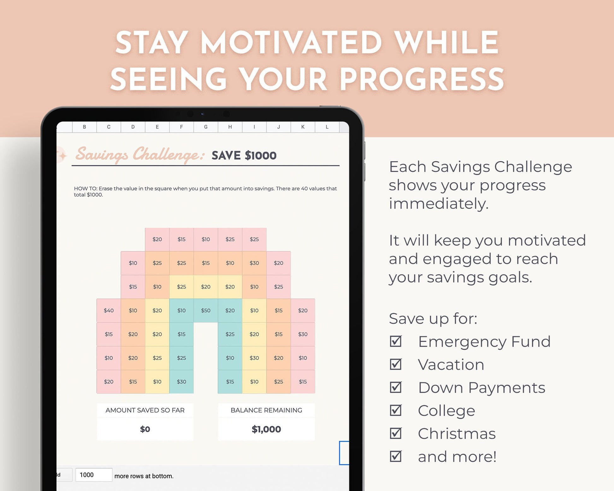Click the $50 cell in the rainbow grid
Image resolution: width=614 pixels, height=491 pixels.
(x=206, y=311)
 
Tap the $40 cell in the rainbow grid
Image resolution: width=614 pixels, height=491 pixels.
(x=109, y=311)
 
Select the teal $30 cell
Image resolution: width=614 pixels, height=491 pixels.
(x=181, y=382)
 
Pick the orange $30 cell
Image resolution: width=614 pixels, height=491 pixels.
(x=254, y=263)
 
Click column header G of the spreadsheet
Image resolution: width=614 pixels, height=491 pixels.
(x=206, y=127)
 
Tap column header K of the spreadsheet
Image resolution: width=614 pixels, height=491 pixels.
(x=303, y=127)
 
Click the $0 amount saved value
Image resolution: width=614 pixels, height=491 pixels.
(x=145, y=429)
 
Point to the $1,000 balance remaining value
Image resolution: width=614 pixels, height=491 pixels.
(x=266, y=429)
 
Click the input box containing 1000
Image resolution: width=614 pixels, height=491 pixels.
(x=94, y=475)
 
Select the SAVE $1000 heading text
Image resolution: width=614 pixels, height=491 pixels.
(x=244, y=155)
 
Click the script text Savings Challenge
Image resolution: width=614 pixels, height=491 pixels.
(x=139, y=155)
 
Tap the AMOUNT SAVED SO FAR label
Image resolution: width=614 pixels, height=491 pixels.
(x=145, y=410)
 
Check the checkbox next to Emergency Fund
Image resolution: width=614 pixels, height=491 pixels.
(x=396, y=341)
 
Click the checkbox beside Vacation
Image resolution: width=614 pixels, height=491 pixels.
(x=396, y=364)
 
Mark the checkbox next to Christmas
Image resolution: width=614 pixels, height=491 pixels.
(x=396, y=433)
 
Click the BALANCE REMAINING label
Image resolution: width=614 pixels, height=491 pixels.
(x=266, y=410)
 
